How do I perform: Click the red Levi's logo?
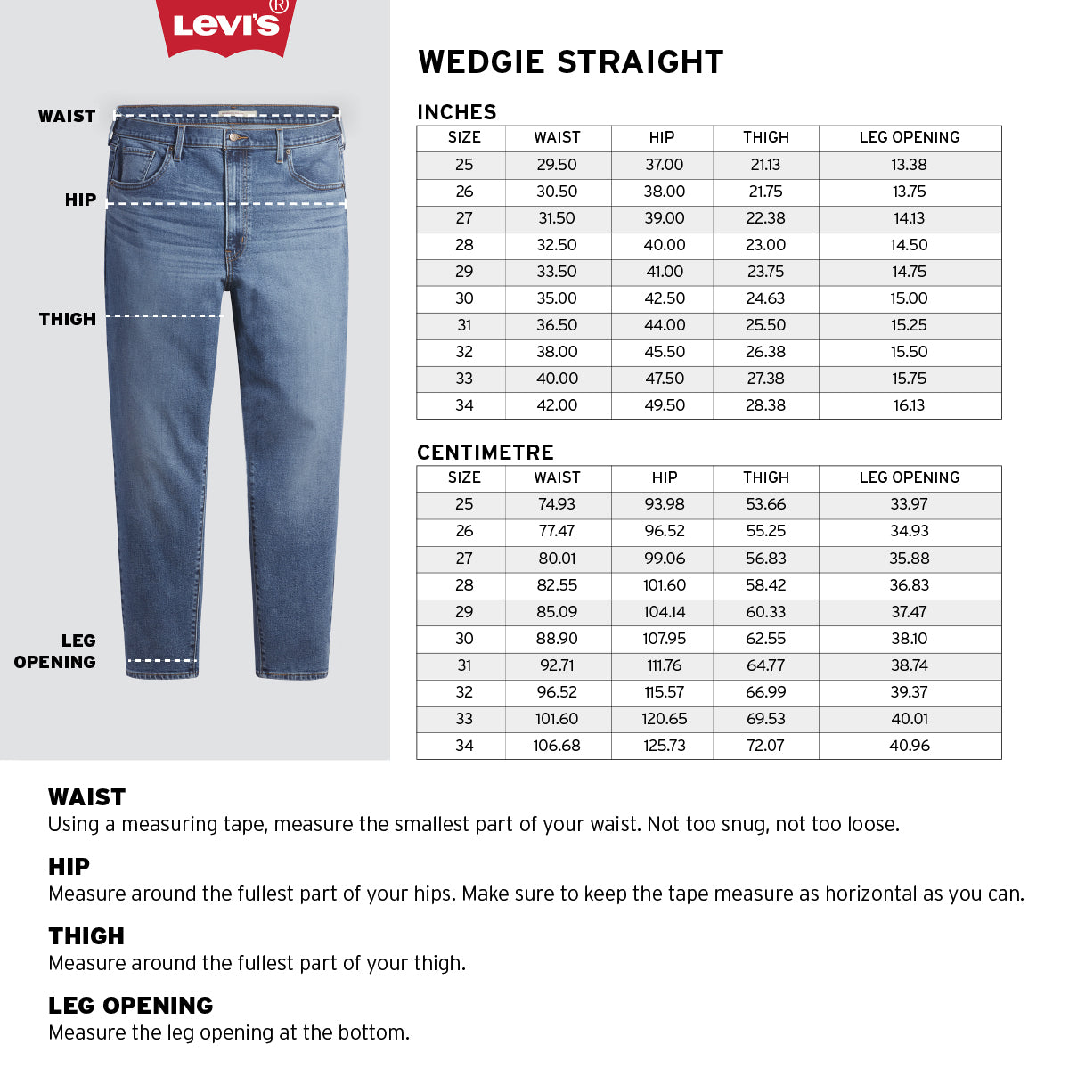(x=226, y=25)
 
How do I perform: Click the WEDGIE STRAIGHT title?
(x=570, y=62)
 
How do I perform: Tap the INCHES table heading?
(x=457, y=112)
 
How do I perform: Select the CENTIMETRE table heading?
(x=486, y=453)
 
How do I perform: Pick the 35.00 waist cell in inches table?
(x=557, y=298)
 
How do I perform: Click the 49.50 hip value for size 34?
(x=665, y=405)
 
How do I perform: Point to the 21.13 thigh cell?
(x=765, y=165)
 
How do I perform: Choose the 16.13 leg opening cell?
(x=909, y=405)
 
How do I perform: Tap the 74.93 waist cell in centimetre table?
(x=557, y=504)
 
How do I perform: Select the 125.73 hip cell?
(x=665, y=746)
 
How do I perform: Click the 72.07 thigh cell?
(x=765, y=746)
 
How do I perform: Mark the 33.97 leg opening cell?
(x=909, y=504)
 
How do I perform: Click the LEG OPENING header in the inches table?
(x=909, y=137)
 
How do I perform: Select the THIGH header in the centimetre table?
(x=765, y=477)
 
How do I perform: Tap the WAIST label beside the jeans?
(x=67, y=116)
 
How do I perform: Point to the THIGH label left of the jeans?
(x=68, y=319)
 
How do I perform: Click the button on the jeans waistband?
(x=236, y=137)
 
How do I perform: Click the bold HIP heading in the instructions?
(x=69, y=866)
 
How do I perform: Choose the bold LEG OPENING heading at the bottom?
(x=131, y=1005)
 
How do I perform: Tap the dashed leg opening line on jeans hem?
(x=162, y=660)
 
